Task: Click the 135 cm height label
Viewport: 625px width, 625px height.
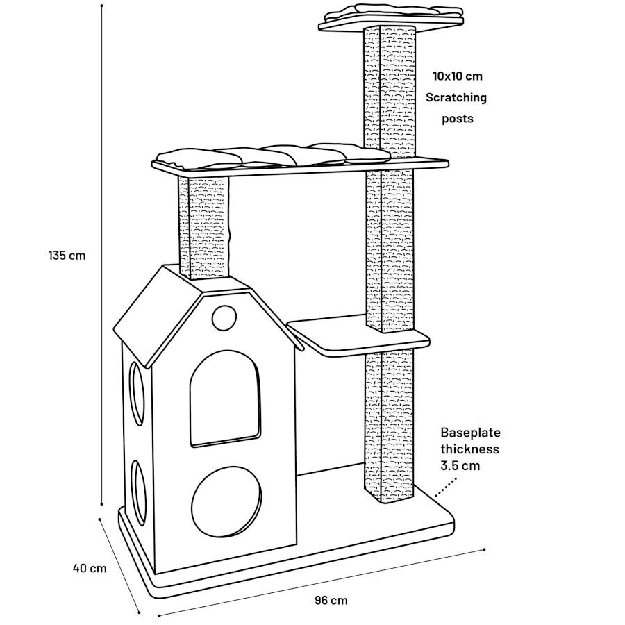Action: [67, 255]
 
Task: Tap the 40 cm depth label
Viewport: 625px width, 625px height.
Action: [90, 568]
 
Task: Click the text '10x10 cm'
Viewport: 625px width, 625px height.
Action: [457, 76]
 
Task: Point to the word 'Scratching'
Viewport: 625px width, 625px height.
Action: [456, 97]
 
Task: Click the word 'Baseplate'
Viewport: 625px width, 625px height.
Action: [470, 432]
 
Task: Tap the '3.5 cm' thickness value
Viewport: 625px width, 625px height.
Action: [460, 466]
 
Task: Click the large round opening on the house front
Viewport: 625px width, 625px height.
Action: [226, 501]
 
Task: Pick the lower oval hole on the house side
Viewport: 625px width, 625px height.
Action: [138, 490]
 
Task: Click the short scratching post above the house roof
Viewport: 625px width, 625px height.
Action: [205, 226]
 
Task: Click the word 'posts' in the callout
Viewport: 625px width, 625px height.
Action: [458, 119]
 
